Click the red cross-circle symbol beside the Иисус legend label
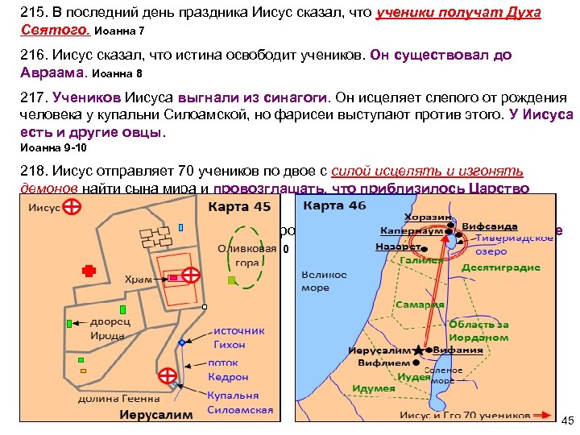[x=72, y=208]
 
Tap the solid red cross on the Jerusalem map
[x=89, y=271]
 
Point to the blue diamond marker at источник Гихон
[x=182, y=342]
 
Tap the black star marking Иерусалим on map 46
[x=418, y=351]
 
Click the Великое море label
[x=324, y=280]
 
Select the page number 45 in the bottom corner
[x=566, y=421]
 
